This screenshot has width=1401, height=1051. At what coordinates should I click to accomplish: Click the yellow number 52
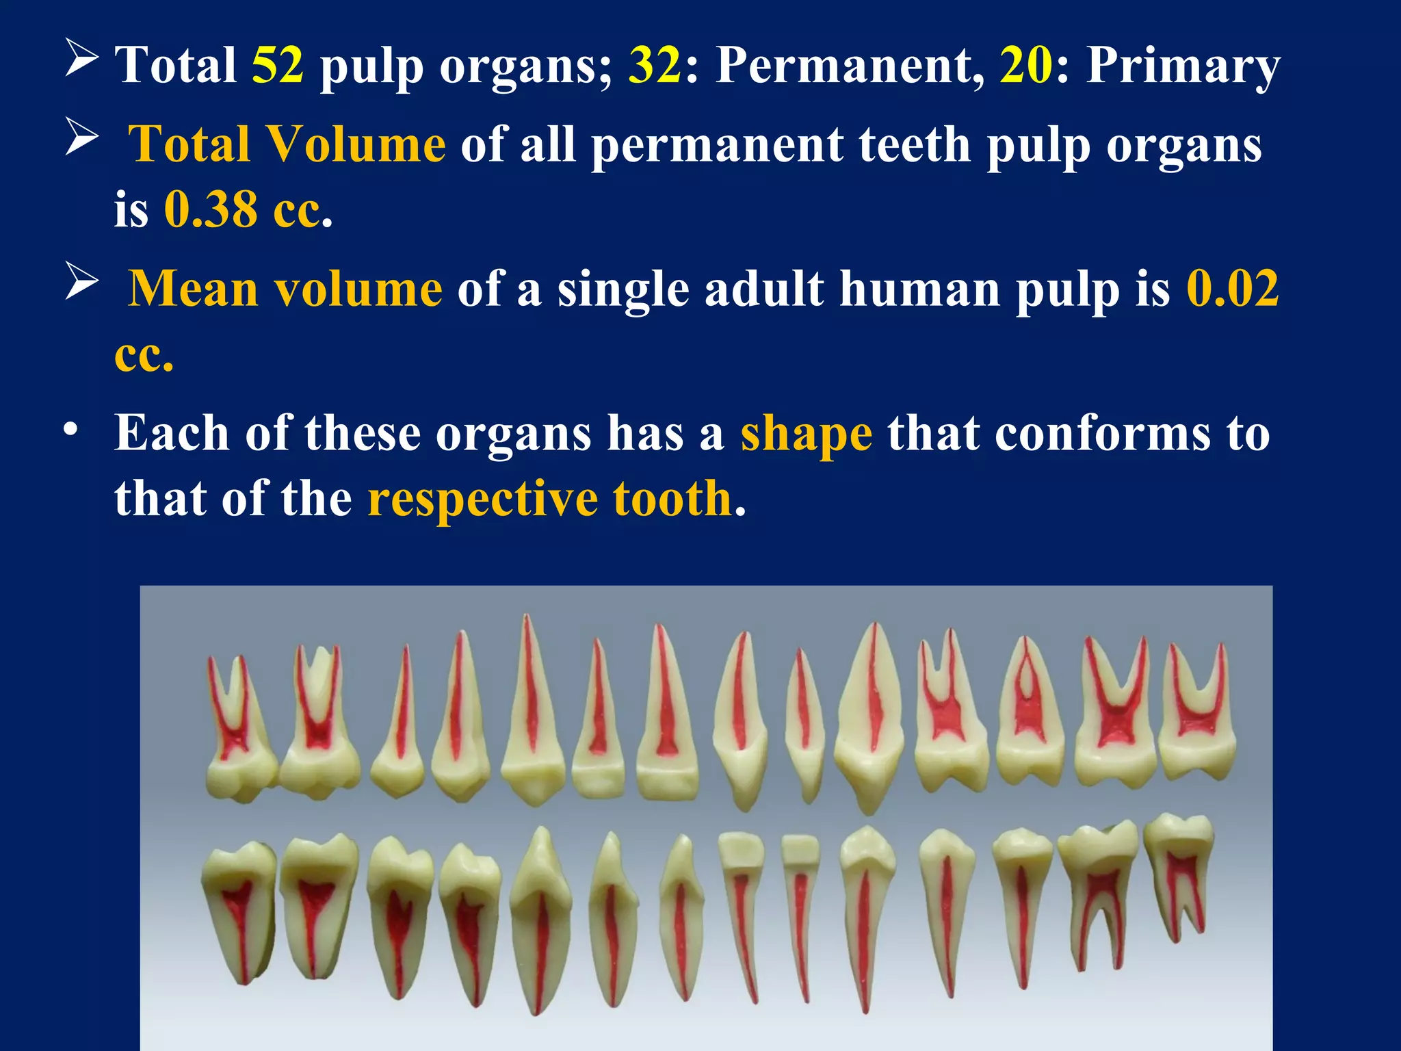[x=278, y=66]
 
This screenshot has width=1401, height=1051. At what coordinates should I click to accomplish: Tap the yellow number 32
[x=655, y=66]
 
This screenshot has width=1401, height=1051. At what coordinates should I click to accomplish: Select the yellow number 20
[x=1025, y=66]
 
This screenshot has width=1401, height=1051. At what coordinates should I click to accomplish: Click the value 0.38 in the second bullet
[x=211, y=209]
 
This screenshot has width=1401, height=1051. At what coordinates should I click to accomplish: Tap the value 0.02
[x=1232, y=289]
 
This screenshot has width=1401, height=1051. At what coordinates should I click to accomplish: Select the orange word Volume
[x=356, y=144]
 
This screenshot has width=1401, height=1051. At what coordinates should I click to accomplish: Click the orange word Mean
[x=194, y=289]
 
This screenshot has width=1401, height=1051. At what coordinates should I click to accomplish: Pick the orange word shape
[x=806, y=434]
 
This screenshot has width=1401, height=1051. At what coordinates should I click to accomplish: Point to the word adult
[x=763, y=289]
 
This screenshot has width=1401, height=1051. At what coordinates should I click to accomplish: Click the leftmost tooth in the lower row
[x=239, y=910]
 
